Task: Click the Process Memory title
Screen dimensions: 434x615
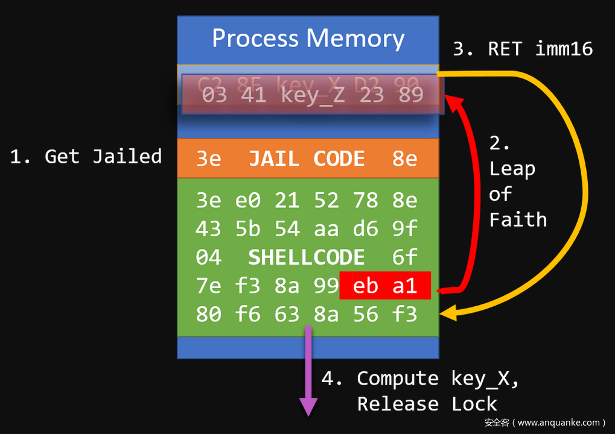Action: coord(308,39)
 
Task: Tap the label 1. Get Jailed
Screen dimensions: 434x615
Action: coord(86,157)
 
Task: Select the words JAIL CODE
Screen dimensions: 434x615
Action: coord(307,159)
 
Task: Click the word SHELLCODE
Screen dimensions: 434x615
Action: coord(307,257)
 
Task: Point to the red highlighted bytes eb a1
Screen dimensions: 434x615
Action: coord(385,286)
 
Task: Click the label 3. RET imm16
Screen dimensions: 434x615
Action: coord(523,49)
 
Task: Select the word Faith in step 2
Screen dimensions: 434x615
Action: coord(518,219)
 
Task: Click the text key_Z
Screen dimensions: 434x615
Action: coord(313,95)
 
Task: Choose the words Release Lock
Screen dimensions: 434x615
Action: coord(427,404)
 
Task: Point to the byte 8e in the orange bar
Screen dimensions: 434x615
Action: coord(404,159)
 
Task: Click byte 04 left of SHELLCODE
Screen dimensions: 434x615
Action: coord(208,257)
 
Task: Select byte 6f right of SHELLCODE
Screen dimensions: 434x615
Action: coord(404,257)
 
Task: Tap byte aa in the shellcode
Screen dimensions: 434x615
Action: coord(326,229)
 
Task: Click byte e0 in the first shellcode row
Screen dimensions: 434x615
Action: coord(247,200)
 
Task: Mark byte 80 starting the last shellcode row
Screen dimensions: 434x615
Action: coord(208,314)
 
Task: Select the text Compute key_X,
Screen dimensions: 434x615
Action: coord(438,379)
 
